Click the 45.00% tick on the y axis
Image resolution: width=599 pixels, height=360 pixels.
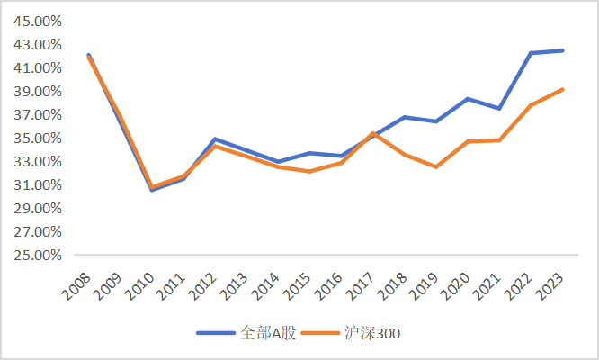36,21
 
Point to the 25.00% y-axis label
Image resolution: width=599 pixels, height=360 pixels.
36,255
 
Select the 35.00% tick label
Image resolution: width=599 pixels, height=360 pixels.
36,138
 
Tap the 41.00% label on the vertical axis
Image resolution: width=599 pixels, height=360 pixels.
36,67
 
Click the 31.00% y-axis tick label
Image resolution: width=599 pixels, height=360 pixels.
36,184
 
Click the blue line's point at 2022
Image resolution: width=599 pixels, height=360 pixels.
532,53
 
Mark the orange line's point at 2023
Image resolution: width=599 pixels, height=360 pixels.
563,89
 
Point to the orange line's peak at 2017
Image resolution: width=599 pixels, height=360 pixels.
373,133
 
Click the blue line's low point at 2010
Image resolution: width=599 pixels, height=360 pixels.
152,190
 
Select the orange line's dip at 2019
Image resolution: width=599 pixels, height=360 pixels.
436,166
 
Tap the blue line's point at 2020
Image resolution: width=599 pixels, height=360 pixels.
468,99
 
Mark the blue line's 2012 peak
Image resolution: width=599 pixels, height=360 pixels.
215,139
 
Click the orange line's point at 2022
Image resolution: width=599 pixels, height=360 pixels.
532,105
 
